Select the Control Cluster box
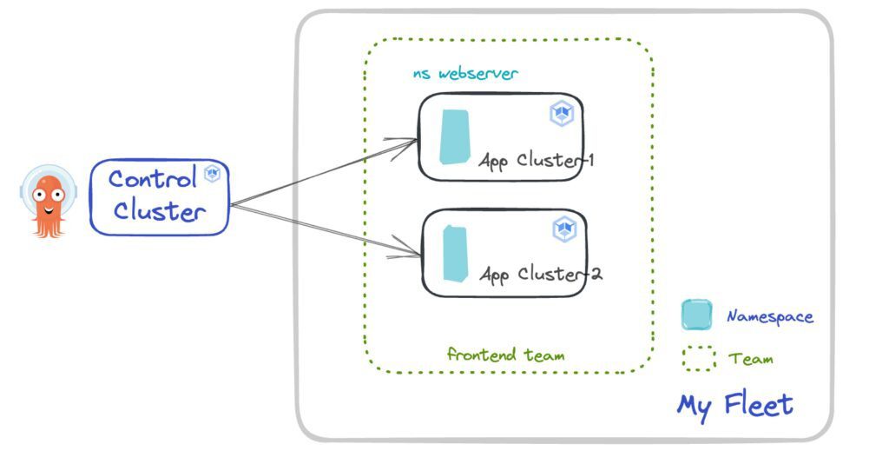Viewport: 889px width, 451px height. pyautogui.click(x=160, y=197)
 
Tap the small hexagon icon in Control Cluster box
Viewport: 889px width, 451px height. pyautogui.click(x=212, y=174)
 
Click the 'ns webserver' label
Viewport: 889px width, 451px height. pyautogui.click(x=465, y=74)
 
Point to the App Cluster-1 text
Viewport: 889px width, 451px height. pyautogui.click(x=537, y=162)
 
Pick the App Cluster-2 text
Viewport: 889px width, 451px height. pyautogui.click(x=541, y=275)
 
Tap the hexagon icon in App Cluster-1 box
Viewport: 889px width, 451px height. pyautogui.click(x=560, y=114)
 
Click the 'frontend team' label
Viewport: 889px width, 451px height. pyautogui.click(x=506, y=355)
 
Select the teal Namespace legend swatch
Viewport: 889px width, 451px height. pyautogui.click(x=696, y=315)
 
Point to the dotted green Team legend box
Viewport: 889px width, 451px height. pyautogui.click(x=699, y=358)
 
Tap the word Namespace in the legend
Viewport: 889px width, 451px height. pyautogui.click(x=770, y=317)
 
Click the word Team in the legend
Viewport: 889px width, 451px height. pyautogui.click(x=751, y=358)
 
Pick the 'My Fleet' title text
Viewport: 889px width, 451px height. pyautogui.click(x=734, y=405)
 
